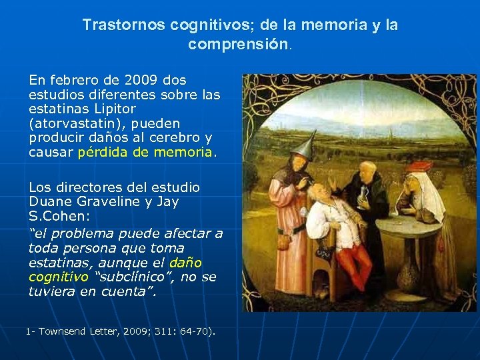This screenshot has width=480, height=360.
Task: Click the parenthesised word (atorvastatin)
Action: pyautogui.click(x=71, y=123)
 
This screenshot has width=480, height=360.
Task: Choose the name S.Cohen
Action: pyautogui.click(x=55, y=216)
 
